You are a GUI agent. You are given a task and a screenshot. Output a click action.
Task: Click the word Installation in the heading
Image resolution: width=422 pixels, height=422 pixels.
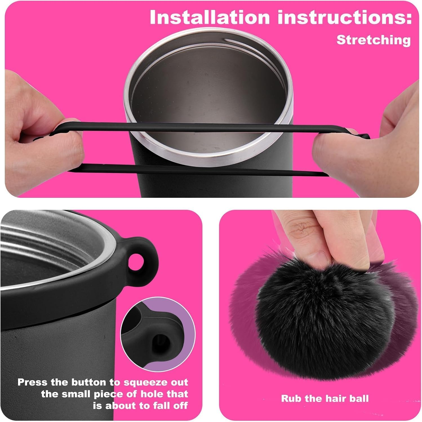pyautogui.click(x=210, y=17)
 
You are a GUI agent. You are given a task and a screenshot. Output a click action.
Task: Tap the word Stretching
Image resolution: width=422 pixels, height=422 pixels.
pyautogui.click(x=374, y=40)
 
